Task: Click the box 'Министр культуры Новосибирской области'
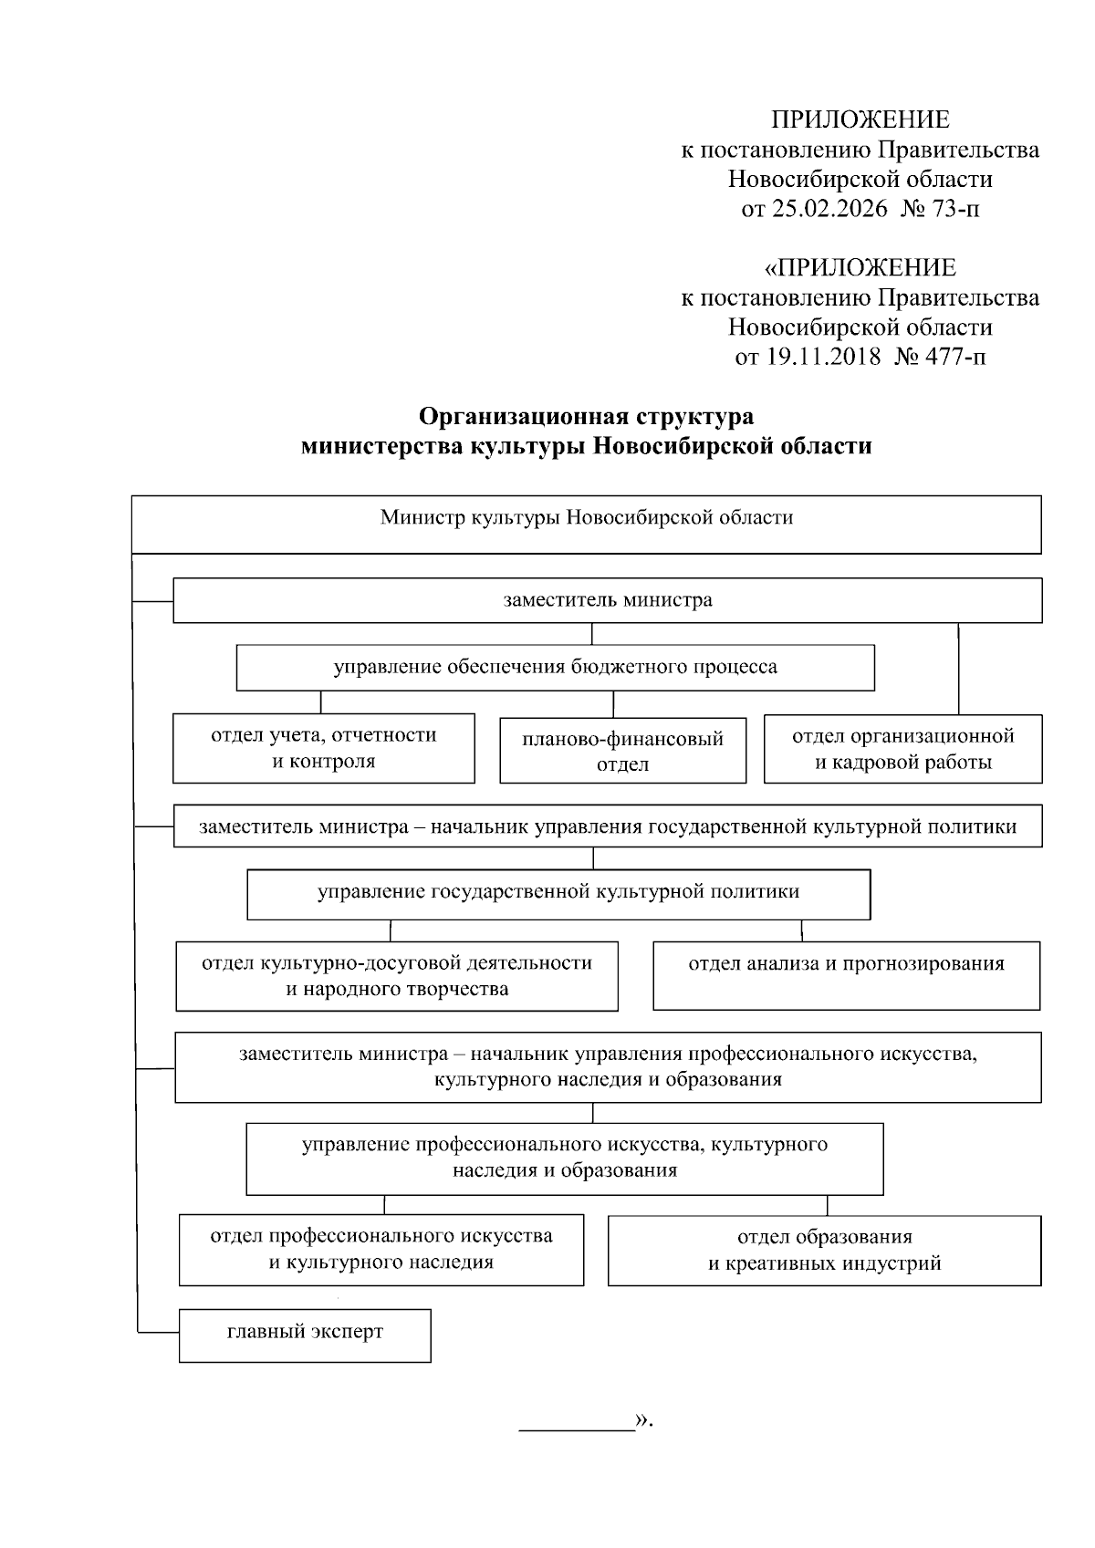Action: [586, 524]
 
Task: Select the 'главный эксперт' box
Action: [305, 1336]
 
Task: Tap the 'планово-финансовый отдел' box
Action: [622, 751]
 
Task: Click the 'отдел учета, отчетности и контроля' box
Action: [324, 748]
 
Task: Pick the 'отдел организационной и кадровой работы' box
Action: [902, 748]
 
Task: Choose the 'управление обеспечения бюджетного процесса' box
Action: [555, 668]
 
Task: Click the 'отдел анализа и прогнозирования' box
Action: [846, 975]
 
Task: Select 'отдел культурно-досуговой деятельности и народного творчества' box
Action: [397, 976]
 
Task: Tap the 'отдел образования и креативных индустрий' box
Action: [824, 1250]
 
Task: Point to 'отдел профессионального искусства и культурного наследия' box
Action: [381, 1250]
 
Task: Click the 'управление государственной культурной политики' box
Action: [558, 893]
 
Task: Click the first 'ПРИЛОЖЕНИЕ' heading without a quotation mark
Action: [860, 120]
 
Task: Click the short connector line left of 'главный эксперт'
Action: [158, 1334]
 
